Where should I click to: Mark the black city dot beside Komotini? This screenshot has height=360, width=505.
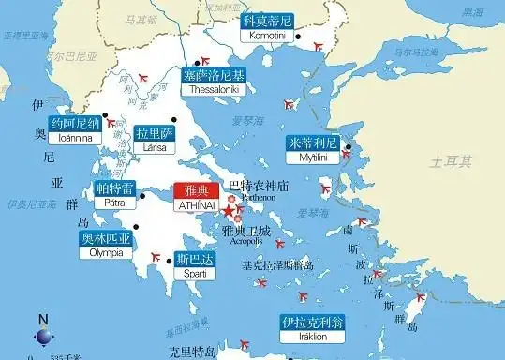(298, 36)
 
